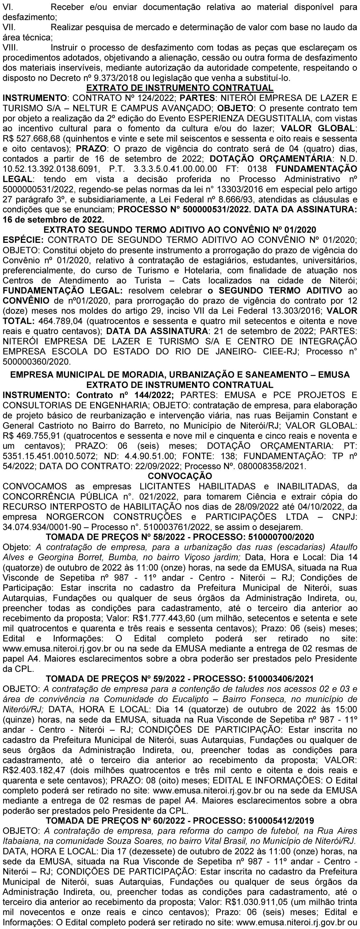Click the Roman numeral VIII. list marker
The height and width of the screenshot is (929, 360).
[10, 48]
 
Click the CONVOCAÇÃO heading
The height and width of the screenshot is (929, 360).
[180, 476]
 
